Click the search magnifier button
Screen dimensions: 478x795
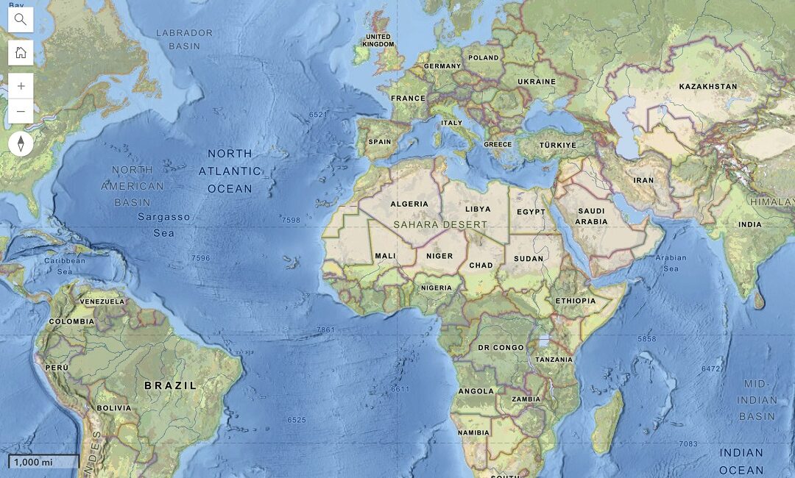click(21, 20)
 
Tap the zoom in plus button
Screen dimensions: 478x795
click(21, 86)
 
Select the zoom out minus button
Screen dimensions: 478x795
click(21, 111)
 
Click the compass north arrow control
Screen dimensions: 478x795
click(21, 143)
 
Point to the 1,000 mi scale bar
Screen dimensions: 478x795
click(43, 462)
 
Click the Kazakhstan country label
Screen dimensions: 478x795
click(707, 86)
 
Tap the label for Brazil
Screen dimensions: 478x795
click(170, 385)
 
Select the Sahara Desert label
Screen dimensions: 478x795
click(440, 224)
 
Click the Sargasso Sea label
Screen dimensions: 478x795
click(163, 225)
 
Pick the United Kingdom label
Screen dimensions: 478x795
click(379, 40)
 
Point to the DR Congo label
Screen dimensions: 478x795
click(501, 347)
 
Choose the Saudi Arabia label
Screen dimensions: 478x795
click(591, 216)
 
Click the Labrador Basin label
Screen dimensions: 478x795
click(184, 39)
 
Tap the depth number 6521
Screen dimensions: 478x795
click(318, 115)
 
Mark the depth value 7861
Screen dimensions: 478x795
click(325, 330)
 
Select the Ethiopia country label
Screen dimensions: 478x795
click(576, 301)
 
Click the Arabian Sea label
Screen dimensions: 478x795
click(671, 263)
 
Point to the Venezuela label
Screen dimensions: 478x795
click(102, 302)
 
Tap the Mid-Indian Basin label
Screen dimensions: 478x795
click(757, 400)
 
